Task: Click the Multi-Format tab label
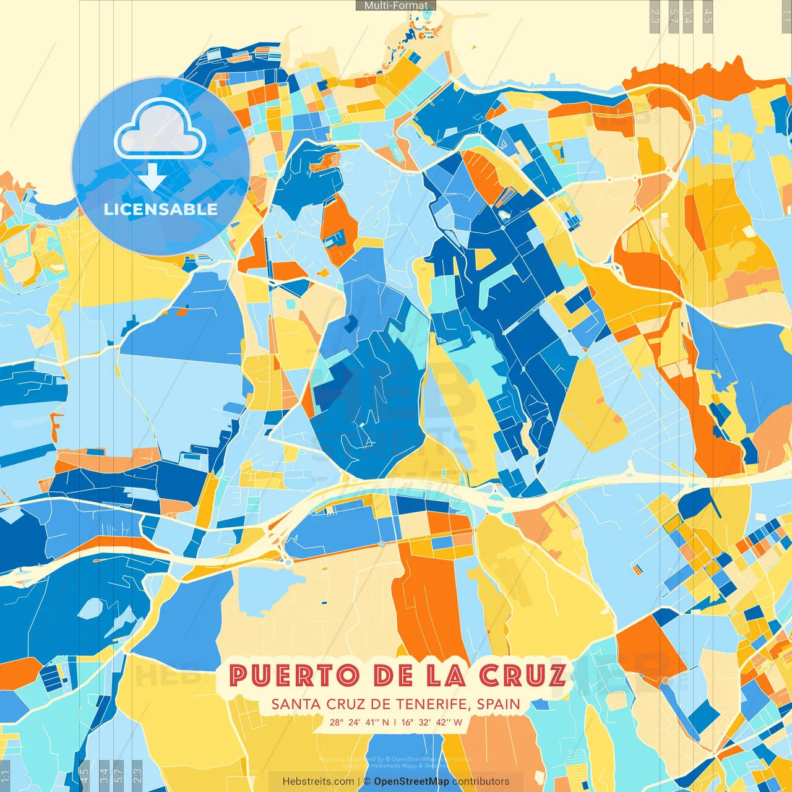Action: coord(396,6)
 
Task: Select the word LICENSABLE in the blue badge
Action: coord(160,209)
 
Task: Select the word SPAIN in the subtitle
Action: coord(499,704)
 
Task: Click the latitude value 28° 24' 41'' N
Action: coord(359,722)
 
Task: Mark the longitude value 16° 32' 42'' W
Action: coord(431,722)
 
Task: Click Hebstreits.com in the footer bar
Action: coord(318,781)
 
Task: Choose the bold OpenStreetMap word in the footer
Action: coord(411,781)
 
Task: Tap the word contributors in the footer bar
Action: coord(481,781)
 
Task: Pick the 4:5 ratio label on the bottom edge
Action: coord(85,775)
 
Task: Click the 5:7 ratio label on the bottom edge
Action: coord(119,775)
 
